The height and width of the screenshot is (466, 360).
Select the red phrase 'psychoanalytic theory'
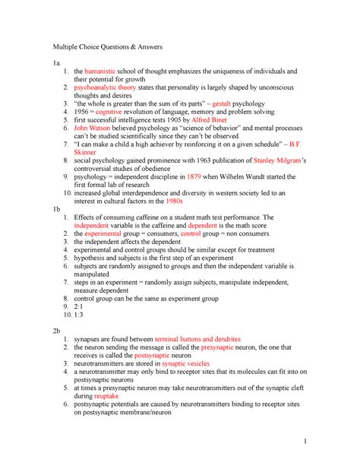pos(109,88)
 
